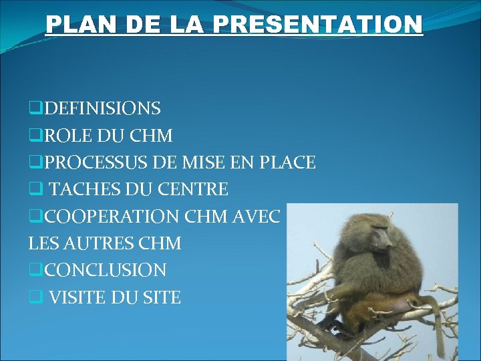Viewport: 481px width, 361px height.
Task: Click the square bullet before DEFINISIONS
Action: (33, 108)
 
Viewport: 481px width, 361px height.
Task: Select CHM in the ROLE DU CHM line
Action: (152, 136)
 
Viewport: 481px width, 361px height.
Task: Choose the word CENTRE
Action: (193, 190)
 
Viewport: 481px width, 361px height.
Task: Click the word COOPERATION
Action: (114, 217)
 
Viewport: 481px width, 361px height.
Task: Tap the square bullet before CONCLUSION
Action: (33, 271)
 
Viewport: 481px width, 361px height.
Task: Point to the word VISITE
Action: (79, 297)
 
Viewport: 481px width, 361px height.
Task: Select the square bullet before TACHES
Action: (33, 190)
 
